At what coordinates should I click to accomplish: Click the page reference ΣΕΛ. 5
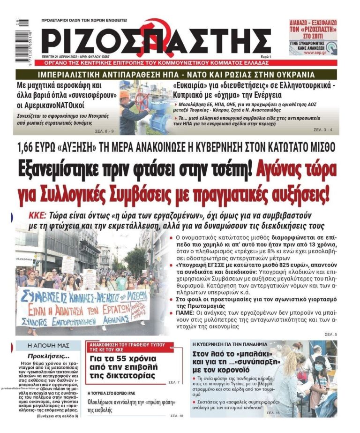(x=330, y=334)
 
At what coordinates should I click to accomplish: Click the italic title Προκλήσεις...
(x=46, y=356)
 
